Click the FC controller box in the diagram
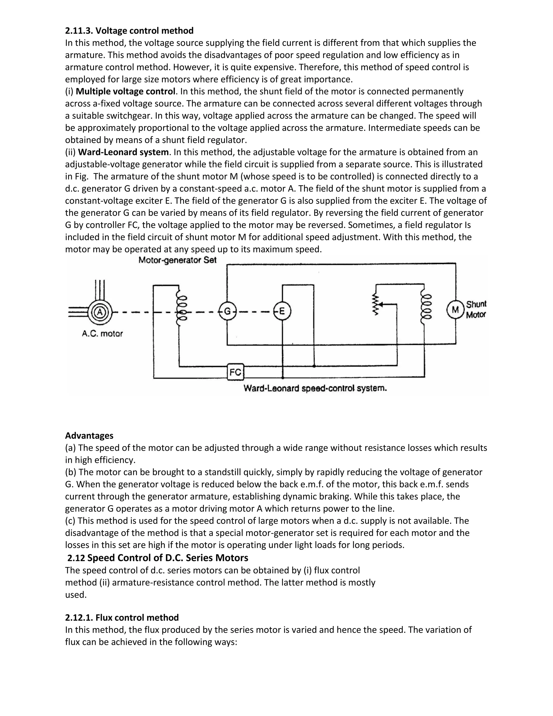[235, 372]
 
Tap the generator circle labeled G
[227, 311]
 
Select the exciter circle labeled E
[282, 311]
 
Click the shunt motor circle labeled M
[455, 309]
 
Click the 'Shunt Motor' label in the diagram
[476, 309]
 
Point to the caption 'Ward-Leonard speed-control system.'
[315, 389]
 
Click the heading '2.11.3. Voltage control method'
[129, 31]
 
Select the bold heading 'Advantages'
[89, 436]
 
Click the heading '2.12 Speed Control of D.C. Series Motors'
[158, 558]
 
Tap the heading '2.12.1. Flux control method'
[122, 618]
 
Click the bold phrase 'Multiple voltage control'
[128, 92]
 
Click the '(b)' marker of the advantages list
[70, 472]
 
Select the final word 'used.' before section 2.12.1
[76, 595]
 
